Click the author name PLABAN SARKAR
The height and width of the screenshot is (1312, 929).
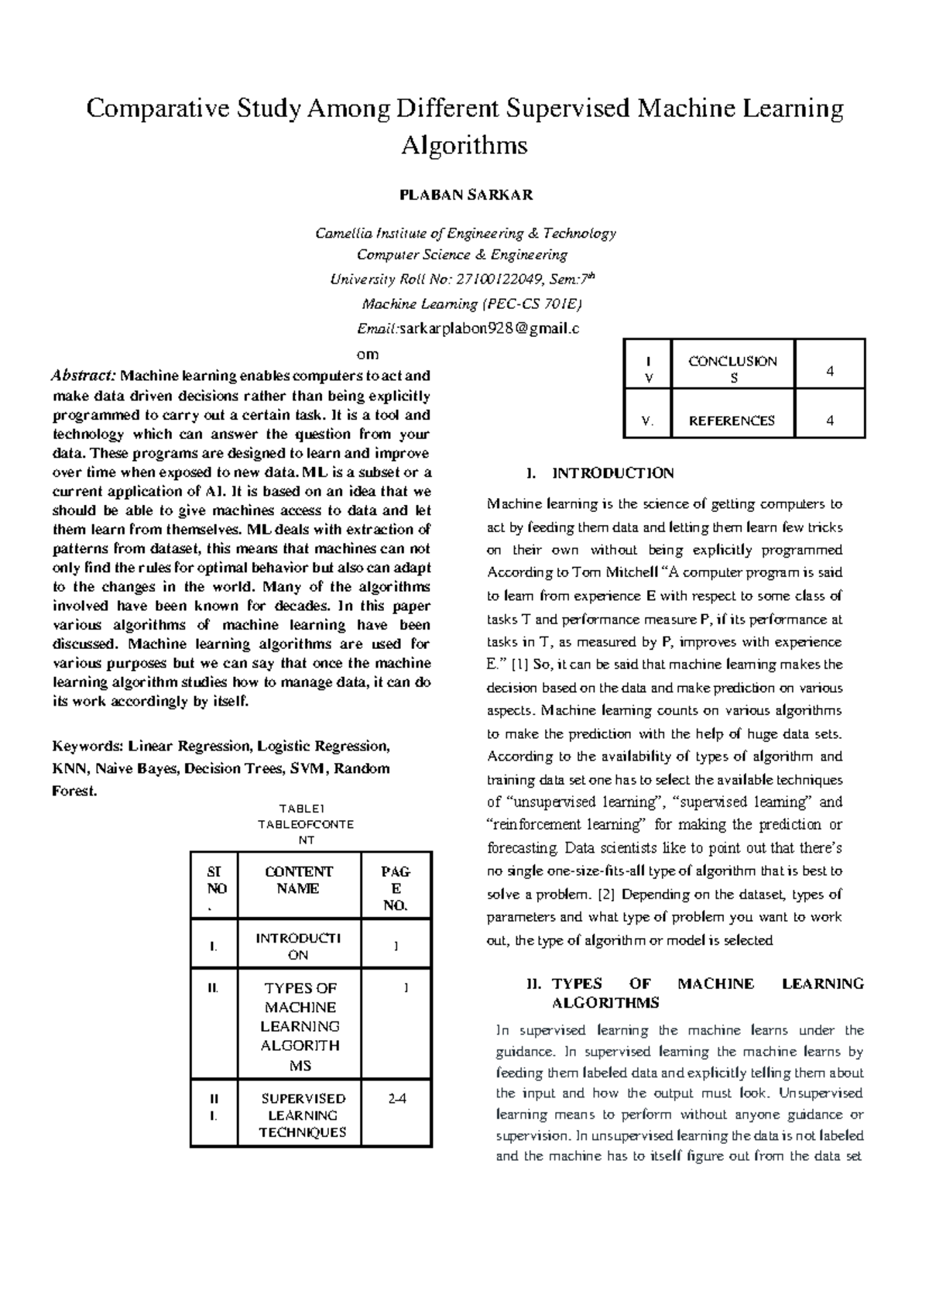(x=465, y=195)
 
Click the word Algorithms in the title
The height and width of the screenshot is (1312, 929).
(x=464, y=145)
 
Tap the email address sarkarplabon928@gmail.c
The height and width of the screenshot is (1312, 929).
(x=488, y=328)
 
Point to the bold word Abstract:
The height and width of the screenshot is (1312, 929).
(x=84, y=376)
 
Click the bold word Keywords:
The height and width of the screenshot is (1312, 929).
(x=87, y=747)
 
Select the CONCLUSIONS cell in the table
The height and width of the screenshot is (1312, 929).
(x=733, y=369)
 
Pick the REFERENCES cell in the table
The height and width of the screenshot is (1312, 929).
(x=732, y=421)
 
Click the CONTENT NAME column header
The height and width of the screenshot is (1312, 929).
(x=299, y=880)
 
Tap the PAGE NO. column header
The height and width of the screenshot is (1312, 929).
(x=396, y=888)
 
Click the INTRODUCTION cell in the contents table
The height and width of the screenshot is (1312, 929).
(x=299, y=946)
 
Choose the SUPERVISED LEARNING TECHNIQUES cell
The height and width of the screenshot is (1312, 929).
(x=303, y=1115)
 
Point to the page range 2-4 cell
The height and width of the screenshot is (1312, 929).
(x=397, y=1099)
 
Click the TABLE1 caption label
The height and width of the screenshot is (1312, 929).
(x=307, y=809)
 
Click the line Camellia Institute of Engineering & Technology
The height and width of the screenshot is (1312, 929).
(x=465, y=233)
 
